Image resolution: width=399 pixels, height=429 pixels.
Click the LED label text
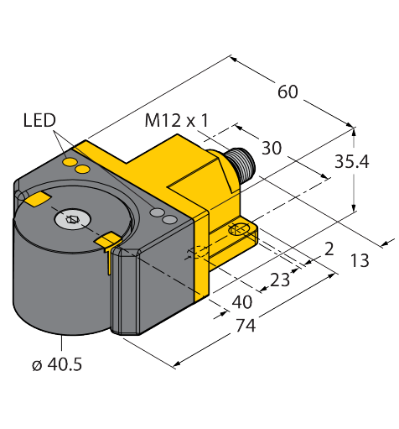click(39, 120)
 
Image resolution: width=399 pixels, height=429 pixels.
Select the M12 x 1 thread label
click(177, 121)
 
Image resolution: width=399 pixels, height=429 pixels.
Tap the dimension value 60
click(288, 92)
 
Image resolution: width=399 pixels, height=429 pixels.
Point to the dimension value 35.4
click(352, 161)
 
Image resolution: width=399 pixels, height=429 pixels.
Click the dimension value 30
click(272, 148)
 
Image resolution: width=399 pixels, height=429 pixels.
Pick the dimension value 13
click(360, 260)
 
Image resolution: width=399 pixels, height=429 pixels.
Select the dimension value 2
click(329, 249)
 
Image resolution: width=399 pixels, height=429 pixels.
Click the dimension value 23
click(280, 280)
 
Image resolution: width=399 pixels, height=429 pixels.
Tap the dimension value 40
click(242, 302)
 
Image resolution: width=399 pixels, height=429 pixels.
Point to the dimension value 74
click(246, 325)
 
